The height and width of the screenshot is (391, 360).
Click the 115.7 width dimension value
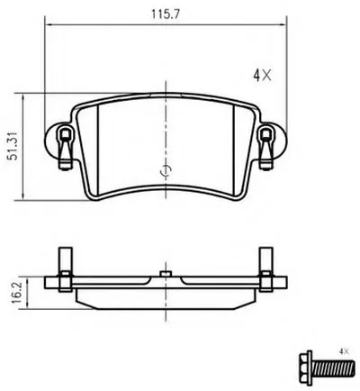pyautogui.click(x=166, y=14)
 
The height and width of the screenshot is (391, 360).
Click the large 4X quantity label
pyautogui.click(x=262, y=76)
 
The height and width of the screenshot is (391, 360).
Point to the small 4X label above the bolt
pyautogui.click(x=344, y=351)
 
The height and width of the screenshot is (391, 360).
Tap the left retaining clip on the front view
pyautogui.click(x=66, y=147)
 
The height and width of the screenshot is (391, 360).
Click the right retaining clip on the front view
pyautogui.click(x=265, y=147)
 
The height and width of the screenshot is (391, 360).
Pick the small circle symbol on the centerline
pyautogui.click(x=166, y=170)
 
